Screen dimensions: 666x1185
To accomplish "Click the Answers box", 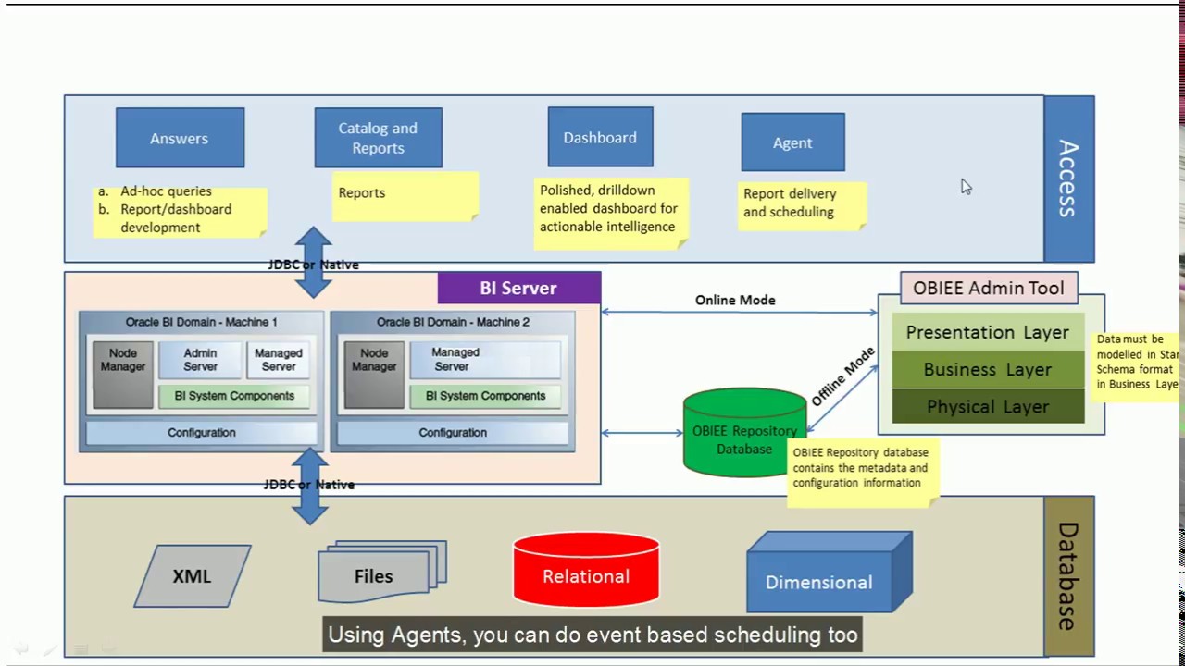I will tap(180, 138).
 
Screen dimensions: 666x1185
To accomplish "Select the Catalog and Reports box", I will tap(378, 138).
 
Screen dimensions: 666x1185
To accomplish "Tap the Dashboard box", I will tap(600, 137).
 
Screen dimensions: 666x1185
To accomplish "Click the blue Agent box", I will tap(792, 142).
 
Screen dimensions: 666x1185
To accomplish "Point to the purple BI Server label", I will tap(518, 288).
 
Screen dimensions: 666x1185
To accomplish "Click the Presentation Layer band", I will tap(988, 332).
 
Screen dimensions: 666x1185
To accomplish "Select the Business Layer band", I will tap(988, 369).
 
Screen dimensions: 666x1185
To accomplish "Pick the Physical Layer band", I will tap(988, 406).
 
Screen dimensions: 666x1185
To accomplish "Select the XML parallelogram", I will tap(192, 576).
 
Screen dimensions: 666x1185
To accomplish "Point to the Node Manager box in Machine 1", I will tap(123, 374).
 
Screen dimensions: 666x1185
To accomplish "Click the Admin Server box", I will tap(200, 360).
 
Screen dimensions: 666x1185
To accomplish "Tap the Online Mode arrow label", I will tap(735, 300).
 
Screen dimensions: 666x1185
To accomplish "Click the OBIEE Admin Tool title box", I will tap(989, 288).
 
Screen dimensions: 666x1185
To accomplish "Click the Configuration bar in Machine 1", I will tap(201, 432).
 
